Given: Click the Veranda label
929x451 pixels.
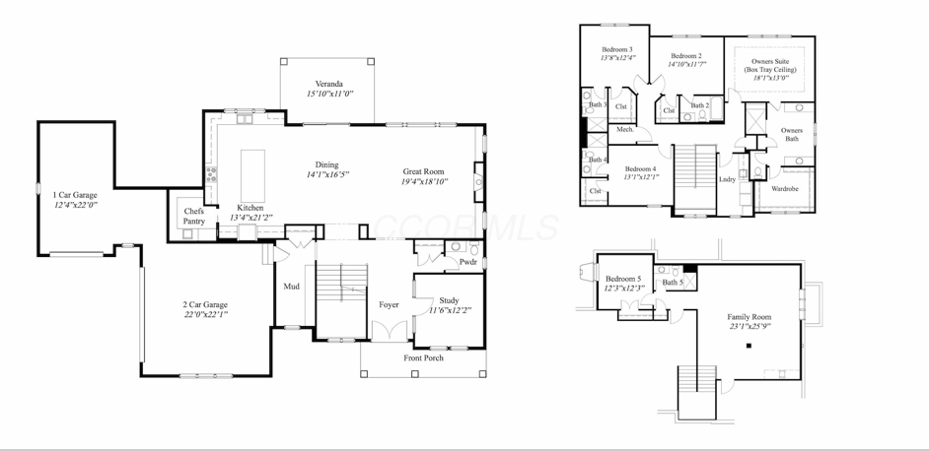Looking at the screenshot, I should tap(329, 84).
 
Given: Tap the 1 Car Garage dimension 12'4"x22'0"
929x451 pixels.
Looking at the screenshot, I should tap(75, 207).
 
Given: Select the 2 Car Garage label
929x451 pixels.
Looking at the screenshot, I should tap(205, 304).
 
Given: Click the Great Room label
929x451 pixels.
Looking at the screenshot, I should tap(423, 171).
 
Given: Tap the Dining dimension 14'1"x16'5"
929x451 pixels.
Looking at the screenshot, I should tap(327, 174).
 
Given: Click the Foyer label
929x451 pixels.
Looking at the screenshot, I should tap(389, 304).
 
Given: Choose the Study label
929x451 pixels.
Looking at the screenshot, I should tap(449, 300).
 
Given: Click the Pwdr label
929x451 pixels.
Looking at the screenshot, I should tap(467, 262).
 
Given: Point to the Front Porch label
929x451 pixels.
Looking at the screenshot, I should tap(423, 357).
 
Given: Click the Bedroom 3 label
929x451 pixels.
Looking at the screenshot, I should tap(617, 49).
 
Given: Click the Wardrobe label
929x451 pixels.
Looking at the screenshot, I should tap(785, 188).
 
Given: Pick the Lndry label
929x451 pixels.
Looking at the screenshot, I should tap(727, 179).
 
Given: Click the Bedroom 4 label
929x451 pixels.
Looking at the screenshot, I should tap(640, 168).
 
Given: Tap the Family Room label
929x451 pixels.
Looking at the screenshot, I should tap(750, 316).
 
